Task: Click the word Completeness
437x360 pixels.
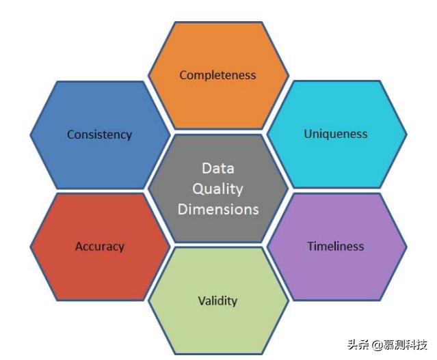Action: pyautogui.click(x=217, y=75)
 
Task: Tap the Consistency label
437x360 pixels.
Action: pyautogui.click(x=99, y=135)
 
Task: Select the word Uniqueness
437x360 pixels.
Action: pyautogui.click(x=335, y=134)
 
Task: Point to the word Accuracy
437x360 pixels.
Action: pyautogui.click(x=99, y=247)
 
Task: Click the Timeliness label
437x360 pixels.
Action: pyautogui.click(x=335, y=246)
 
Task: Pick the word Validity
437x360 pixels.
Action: pyautogui.click(x=217, y=301)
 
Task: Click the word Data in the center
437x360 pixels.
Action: pyautogui.click(x=217, y=169)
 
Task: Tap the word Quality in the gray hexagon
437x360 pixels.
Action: pyautogui.click(x=217, y=189)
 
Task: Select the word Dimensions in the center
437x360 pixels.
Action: pyautogui.click(x=218, y=209)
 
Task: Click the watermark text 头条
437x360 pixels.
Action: pyautogui.click(x=358, y=344)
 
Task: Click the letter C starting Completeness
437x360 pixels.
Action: pyautogui.click(x=183, y=75)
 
